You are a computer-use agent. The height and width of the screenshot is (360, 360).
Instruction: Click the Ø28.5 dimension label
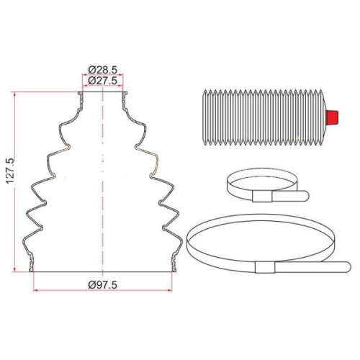click(x=102, y=70)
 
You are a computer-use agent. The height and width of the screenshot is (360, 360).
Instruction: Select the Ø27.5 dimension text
click(x=102, y=81)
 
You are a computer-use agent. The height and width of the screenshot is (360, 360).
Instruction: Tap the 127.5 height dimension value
click(x=11, y=171)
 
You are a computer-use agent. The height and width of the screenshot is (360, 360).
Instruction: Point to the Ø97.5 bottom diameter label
click(x=102, y=285)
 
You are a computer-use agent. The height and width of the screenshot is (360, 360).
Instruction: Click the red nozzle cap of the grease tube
click(x=332, y=117)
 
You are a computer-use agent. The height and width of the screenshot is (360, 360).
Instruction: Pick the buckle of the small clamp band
click(x=262, y=197)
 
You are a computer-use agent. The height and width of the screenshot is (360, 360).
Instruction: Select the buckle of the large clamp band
click(x=265, y=267)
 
